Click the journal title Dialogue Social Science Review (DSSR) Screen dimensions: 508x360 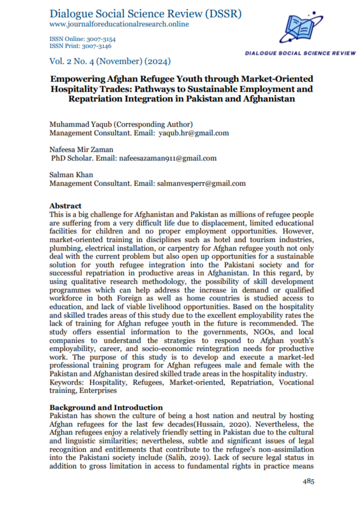click(x=145, y=13)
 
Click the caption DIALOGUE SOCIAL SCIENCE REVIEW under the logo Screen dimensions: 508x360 click(x=300, y=53)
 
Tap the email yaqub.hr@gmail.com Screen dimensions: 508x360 click(x=194, y=133)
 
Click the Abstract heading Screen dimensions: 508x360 click(x=65, y=205)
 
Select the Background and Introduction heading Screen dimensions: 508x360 click(x=106, y=408)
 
